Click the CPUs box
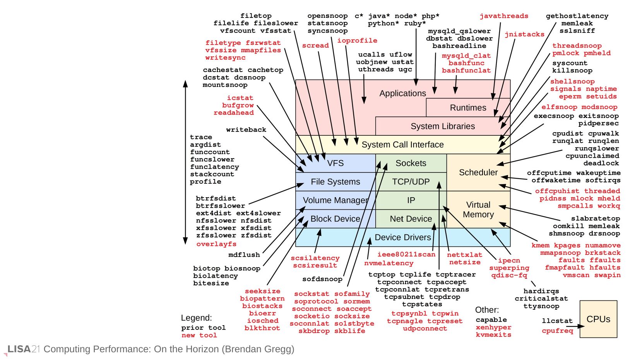(598, 319)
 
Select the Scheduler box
(478, 172)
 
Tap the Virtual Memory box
(478, 210)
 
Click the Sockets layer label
(411, 163)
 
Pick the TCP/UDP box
(411, 182)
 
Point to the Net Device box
(411, 219)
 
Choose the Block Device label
(335, 219)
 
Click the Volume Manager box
(335, 200)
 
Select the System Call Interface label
(402, 145)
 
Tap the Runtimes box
(468, 108)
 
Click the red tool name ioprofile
(357, 41)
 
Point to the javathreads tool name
(504, 16)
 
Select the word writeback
(246, 130)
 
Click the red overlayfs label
(216, 244)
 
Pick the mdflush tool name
(244, 255)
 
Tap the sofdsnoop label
(322, 279)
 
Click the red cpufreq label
(557, 331)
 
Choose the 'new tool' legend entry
(199, 335)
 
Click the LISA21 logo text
(24, 349)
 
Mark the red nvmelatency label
(388, 263)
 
